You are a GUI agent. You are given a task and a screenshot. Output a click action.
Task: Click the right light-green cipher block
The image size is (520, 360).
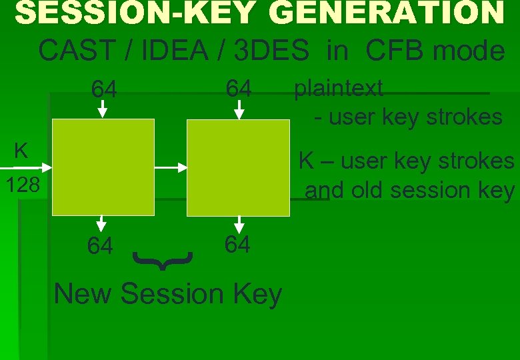[238, 167]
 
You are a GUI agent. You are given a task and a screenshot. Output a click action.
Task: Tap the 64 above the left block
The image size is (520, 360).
[104, 89]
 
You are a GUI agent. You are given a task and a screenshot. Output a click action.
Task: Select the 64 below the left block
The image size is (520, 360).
[100, 246]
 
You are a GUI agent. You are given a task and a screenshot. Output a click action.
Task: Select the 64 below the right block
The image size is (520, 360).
[237, 245]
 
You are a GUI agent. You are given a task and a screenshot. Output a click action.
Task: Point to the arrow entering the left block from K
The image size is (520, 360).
[40, 166]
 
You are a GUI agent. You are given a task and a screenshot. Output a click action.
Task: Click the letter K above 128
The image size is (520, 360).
[21, 151]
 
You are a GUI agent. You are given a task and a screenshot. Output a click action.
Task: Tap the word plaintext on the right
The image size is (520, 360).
[339, 88]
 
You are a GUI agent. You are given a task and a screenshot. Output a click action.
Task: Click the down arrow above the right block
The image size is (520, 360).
[238, 111]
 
